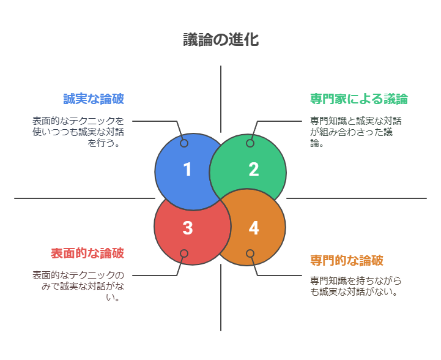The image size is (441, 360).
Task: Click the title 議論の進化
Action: tap(220, 40)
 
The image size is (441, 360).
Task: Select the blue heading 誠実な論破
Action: tap(94, 99)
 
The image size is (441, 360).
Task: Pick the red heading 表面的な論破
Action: tap(87, 253)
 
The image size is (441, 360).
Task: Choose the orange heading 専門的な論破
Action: tap(347, 260)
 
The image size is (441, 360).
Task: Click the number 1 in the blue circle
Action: tap(187, 170)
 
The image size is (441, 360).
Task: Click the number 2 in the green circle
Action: tap(253, 170)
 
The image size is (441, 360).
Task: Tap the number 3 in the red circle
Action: tap(187, 228)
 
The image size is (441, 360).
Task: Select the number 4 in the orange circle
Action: tap(253, 228)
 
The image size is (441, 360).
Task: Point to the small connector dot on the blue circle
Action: tap(184, 143)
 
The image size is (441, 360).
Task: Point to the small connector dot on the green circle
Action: tap(250, 143)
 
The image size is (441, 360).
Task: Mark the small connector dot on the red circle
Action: tap(184, 253)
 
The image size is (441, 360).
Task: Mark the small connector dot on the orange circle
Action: tap(250, 253)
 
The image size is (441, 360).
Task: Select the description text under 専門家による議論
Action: tap(355, 132)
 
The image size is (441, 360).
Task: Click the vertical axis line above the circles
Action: tap(221, 98)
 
